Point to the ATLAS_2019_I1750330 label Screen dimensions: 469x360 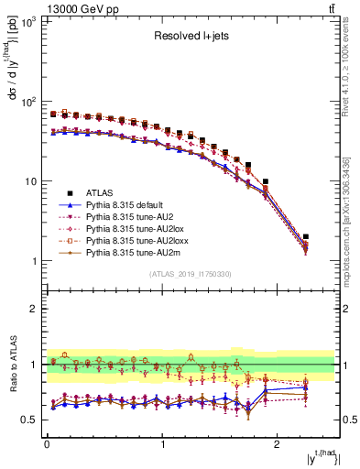pos(191,275)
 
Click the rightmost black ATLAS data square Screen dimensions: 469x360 pos(306,236)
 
